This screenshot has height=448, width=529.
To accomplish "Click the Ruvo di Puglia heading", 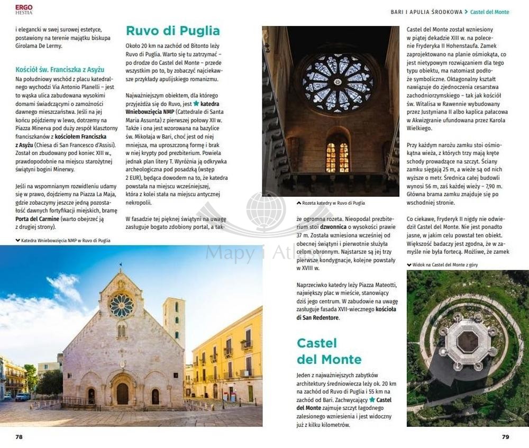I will [x=172, y=31].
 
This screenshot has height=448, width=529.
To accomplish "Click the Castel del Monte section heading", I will [x=329, y=352].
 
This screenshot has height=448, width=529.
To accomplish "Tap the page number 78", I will [x=19, y=437].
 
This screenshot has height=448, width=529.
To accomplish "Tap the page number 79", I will [x=505, y=437].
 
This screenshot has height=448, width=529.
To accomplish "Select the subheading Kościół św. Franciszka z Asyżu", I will [x=60, y=69].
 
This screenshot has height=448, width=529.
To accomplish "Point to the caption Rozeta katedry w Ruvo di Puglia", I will [x=333, y=203].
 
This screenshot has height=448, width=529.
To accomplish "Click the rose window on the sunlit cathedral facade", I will [x=121, y=306].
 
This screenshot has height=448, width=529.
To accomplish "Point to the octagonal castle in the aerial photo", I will [x=468, y=343].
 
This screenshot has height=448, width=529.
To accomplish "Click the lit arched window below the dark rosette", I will [x=337, y=157].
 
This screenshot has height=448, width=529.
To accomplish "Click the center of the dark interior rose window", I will [x=338, y=83].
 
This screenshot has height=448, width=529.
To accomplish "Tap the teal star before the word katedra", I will [x=196, y=104].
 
